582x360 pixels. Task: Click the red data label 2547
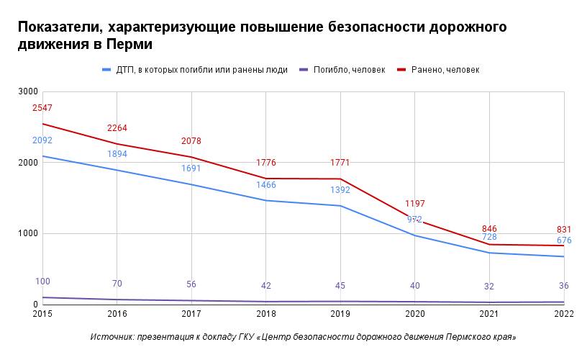click(42, 108)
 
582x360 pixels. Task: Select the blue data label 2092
click(42, 140)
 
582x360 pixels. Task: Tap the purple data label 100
click(42, 282)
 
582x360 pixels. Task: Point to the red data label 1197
click(415, 204)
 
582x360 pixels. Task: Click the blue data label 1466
click(266, 185)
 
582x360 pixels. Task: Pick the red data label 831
click(564, 230)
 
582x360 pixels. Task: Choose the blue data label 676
click(564, 240)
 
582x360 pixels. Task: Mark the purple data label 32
click(489, 287)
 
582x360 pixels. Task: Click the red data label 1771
click(340, 163)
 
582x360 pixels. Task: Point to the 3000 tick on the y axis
click(28, 92)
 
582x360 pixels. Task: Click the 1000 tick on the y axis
click(28, 234)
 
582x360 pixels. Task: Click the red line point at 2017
click(191, 157)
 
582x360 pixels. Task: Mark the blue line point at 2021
click(489, 253)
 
